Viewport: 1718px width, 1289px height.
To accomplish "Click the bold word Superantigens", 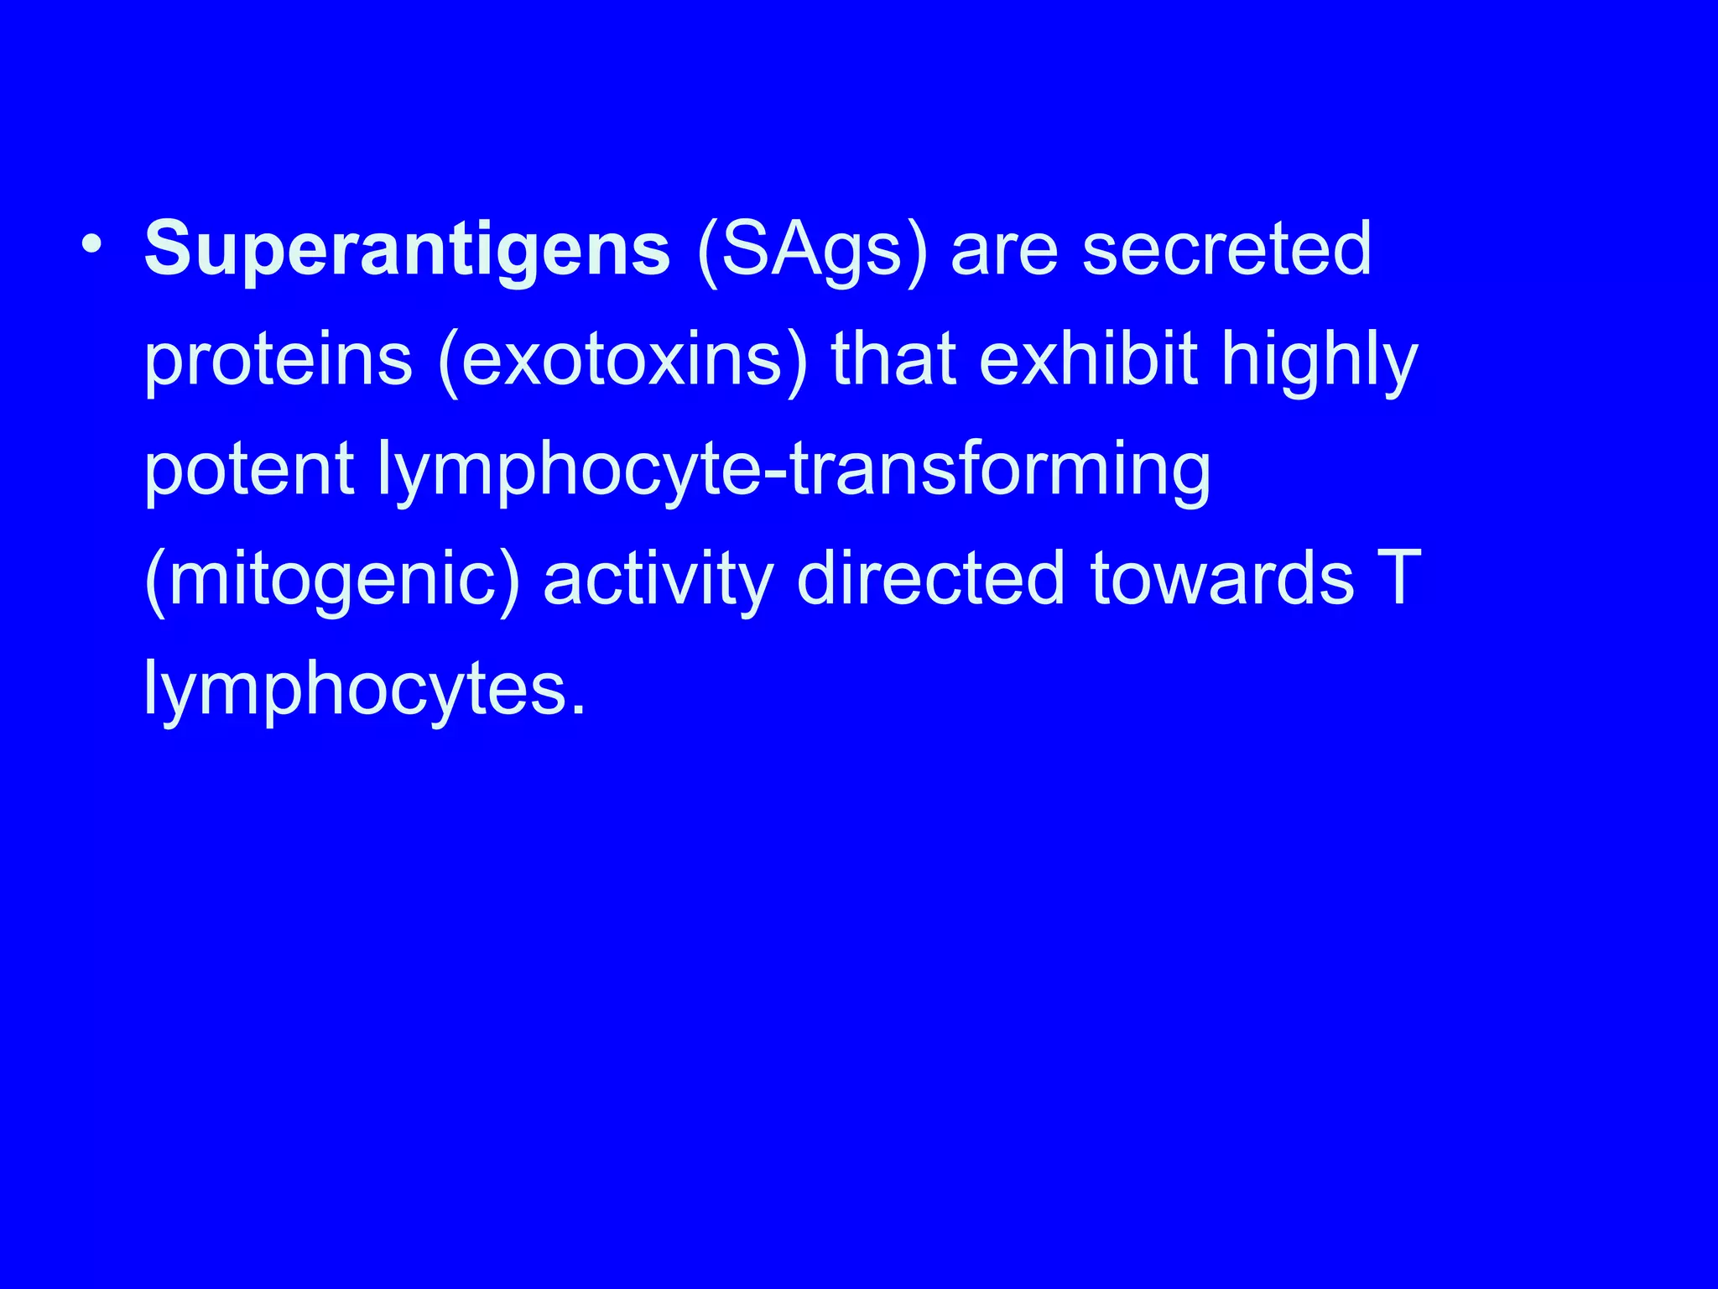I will click(407, 249).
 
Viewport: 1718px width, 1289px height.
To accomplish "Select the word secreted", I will click(1226, 249).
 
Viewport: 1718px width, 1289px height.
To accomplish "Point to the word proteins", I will click(279, 362).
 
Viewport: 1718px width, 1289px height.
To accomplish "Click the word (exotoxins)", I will click(622, 362).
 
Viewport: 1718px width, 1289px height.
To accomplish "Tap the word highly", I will click(1319, 362).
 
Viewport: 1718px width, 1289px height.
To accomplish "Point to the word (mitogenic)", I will click(332, 580).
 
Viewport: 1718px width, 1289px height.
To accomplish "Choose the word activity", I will click(658, 580).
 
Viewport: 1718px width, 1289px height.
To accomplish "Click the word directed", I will click(931, 578).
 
